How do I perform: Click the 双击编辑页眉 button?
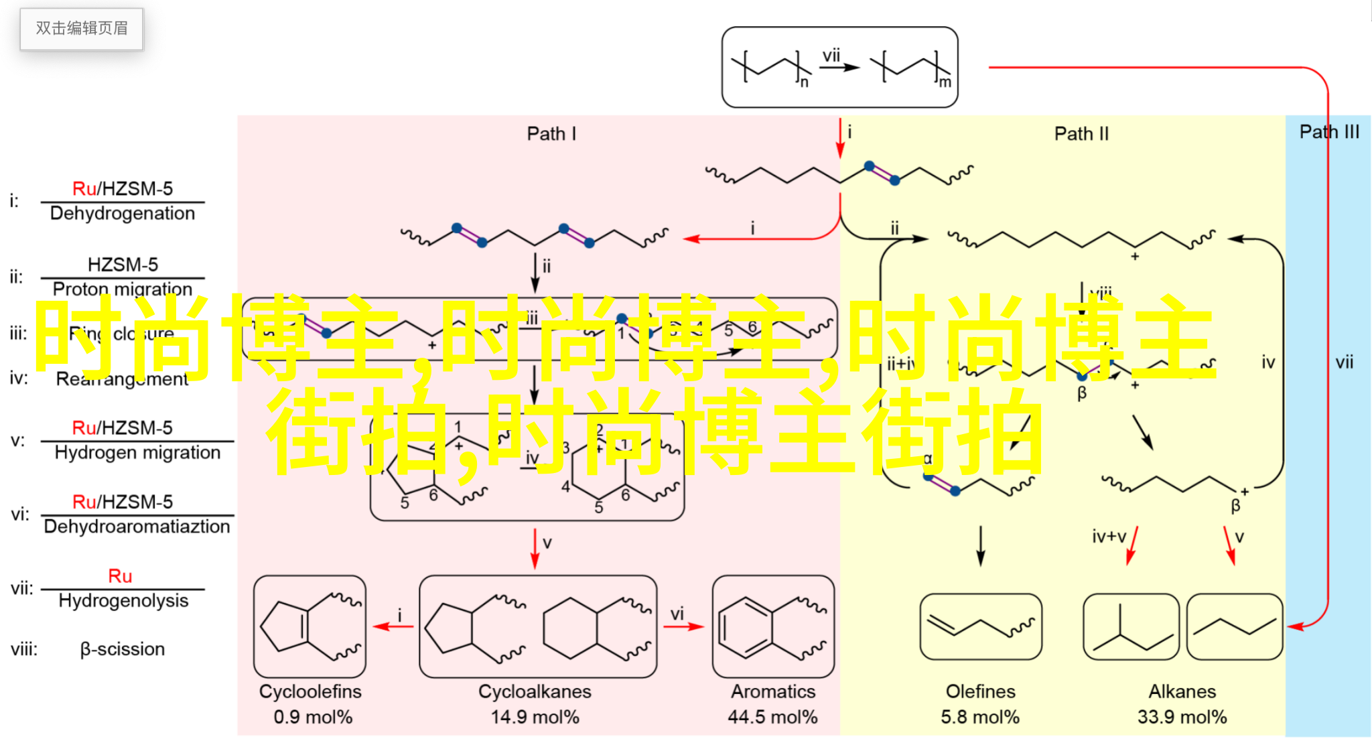pyautogui.click(x=82, y=29)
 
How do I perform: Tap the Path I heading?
pyautogui.click(x=551, y=134)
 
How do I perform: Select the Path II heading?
pyautogui.click(x=1081, y=134)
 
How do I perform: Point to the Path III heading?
pyautogui.click(x=1329, y=132)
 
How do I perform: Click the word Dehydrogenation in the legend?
pyautogui.click(x=123, y=214)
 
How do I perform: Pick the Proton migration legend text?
pyautogui.click(x=123, y=289)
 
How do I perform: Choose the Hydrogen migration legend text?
pyautogui.click(x=137, y=453)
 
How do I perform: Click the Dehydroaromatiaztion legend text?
pyautogui.click(x=137, y=527)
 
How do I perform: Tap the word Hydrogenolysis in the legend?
pyautogui.click(x=123, y=601)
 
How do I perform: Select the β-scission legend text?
pyautogui.click(x=123, y=649)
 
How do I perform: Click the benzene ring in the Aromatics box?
pyautogui.click(x=745, y=628)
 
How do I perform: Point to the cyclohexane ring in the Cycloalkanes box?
pyautogui.click(x=569, y=628)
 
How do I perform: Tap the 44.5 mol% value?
pyautogui.click(x=772, y=718)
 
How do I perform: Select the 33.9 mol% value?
pyautogui.click(x=1182, y=718)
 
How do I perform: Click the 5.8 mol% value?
pyautogui.click(x=980, y=718)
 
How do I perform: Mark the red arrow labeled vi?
pyautogui.click(x=683, y=627)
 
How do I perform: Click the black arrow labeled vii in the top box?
pyautogui.click(x=840, y=67)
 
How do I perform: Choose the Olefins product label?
pyautogui.click(x=980, y=691)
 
